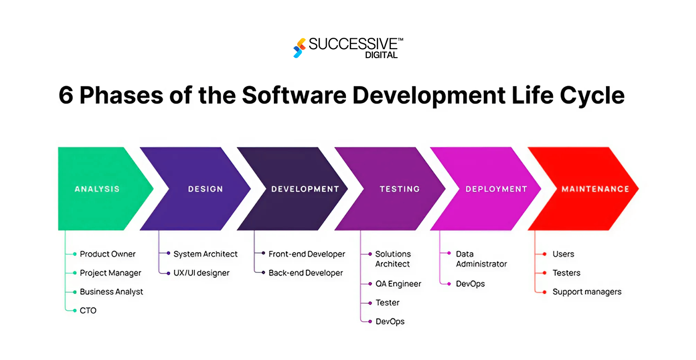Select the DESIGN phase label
(205, 189)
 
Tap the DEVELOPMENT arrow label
(305, 189)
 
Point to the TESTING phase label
(400, 189)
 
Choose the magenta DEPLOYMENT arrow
(496, 189)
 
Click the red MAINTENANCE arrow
(595, 189)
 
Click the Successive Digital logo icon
(299, 48)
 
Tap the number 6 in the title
(66, 95)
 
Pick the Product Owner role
(107, 254)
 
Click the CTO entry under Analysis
(88, 311)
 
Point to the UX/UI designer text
(201, 273)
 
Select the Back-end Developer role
(306, 273)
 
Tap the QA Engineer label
(398, 284)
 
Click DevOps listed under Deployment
(470, 284)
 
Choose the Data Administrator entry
(481, 259)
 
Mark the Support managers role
(587, 292)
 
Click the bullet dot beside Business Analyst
(75, 292)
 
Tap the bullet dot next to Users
(544, 254)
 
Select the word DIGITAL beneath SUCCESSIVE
(381, 55)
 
